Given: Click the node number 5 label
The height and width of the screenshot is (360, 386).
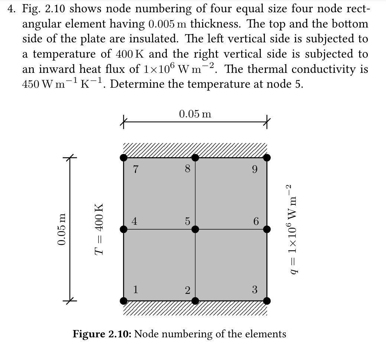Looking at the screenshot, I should pos(188,221).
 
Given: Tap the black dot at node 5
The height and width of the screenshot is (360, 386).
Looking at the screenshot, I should pos(195,229).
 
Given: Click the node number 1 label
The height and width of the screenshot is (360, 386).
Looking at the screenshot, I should pos(136,289).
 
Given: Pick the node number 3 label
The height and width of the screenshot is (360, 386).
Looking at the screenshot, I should pos(254,289).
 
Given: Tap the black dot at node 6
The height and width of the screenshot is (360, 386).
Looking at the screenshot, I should pos(267,229).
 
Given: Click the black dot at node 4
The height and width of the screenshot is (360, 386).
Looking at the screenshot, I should pos(124,229).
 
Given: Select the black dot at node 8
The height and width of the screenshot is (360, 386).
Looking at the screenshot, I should pos(195,158).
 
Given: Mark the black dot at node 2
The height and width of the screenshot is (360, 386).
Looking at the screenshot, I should pos(195,300).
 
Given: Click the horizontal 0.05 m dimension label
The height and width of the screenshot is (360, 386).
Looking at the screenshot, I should pos(195,114).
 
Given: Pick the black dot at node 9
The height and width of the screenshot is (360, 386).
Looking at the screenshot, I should pos(267,158).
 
